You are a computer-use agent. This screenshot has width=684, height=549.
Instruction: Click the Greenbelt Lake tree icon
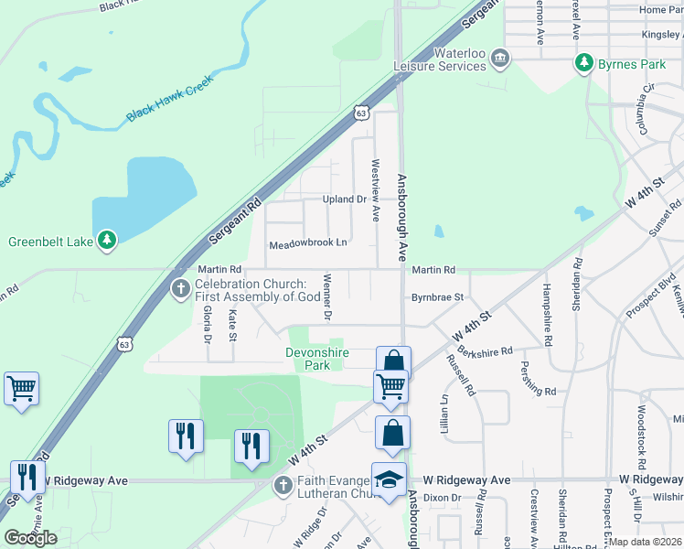tap(108, 241)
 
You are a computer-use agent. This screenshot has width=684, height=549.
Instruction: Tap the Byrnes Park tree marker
tap(582, 64)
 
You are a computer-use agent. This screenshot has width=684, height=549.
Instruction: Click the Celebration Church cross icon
tap(180, 290)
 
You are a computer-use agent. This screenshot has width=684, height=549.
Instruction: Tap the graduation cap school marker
tap(389, 480)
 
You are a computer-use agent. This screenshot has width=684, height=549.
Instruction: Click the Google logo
tap(30, 538)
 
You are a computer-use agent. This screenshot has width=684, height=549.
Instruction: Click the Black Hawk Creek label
tap(169, 98)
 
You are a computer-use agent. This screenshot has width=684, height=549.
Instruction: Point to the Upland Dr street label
tap(344, 199)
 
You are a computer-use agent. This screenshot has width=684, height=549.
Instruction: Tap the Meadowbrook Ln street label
tap(308, 244)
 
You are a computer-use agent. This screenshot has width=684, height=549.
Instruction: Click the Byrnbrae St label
tap(437, 297)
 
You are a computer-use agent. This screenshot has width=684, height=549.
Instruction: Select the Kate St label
tap(233, 323)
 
